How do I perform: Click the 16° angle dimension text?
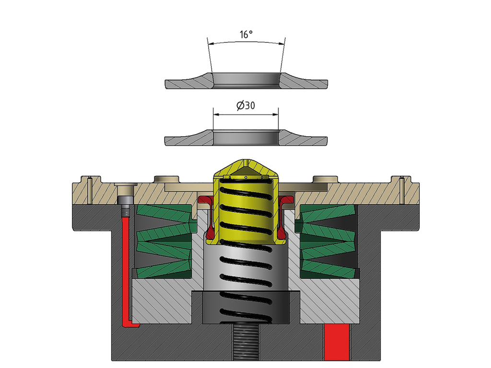(246, 34)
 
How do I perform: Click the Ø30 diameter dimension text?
(246, 105)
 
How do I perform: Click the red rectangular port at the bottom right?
(337, 342)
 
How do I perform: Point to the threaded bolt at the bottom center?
(246, 342)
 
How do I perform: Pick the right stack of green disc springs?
(327, 241)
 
